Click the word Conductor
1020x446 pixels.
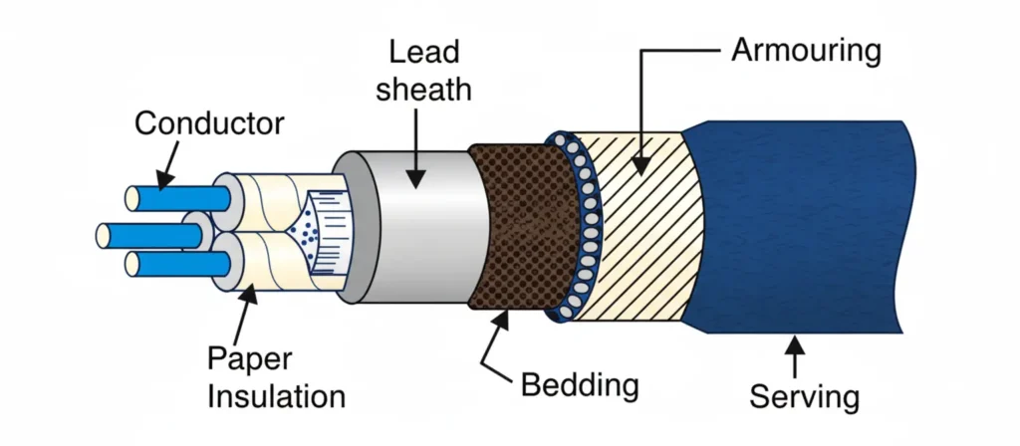209,124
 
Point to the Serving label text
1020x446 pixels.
804,397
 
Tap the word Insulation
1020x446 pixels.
276,396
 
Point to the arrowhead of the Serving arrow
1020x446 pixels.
794,342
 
